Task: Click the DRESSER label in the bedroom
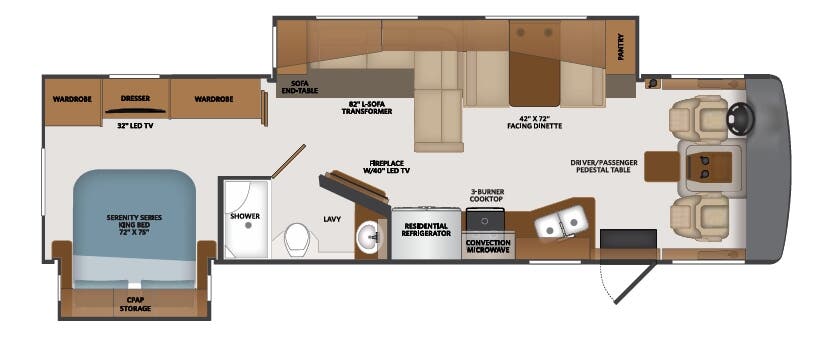pyautogui.click(x=135, y=99)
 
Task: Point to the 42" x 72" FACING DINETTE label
pyautogui.click(x=534, y=122)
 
